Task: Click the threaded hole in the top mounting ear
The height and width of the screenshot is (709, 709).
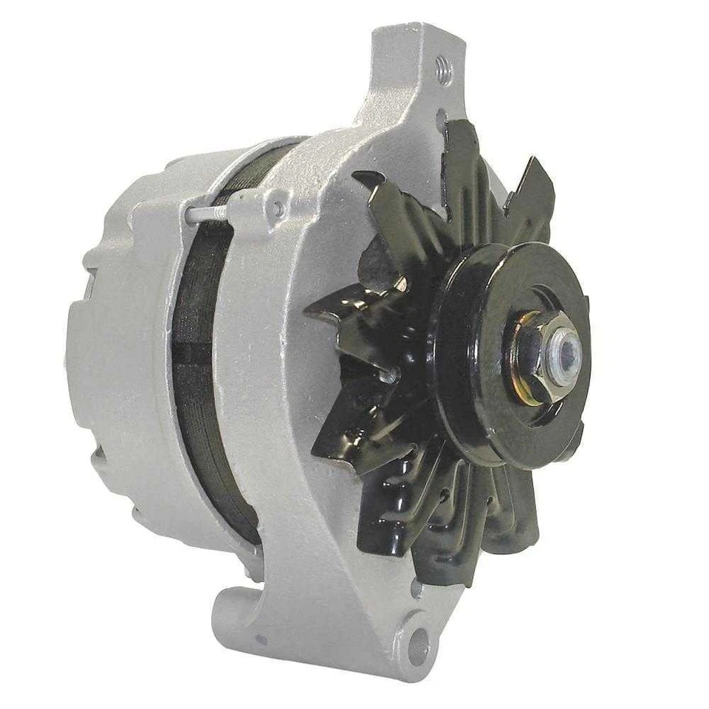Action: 445,69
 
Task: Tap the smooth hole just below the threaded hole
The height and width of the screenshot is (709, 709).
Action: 441,118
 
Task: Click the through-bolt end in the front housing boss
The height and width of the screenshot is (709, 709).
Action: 278,207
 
